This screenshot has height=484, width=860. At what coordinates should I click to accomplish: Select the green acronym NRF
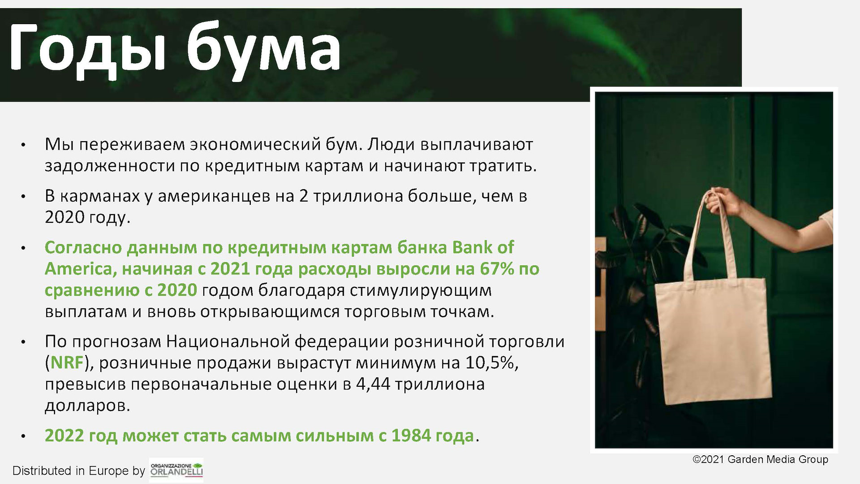[68, 363]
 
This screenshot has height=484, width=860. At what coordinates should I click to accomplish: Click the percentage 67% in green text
[497, 269]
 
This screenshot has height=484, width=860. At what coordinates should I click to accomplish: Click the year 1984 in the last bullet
[409, 436]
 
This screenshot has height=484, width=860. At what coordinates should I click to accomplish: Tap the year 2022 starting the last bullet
[62, 436]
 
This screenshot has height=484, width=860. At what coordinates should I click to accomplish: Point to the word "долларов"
[87, 406]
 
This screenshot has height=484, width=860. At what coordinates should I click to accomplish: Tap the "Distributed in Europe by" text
[79, 471]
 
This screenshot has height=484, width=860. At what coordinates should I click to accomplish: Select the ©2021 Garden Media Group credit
[761, 459]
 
